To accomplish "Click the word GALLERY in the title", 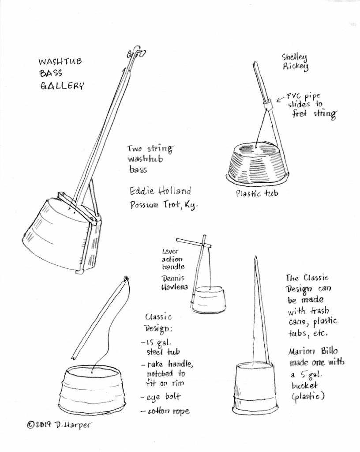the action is [x=62, y=85].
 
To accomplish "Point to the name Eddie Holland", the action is [x=160, y=191].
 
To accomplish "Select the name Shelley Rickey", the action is [x=295, y=61].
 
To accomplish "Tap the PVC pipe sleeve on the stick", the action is [x=267, y=105].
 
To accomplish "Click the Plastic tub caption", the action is [x=257, y=193].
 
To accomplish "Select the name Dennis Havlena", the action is [x=175, y=283].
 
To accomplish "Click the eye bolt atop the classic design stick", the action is [x=126, y=279].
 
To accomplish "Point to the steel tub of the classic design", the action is [x=94, y=388].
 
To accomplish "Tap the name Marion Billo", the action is [x=313, y=351].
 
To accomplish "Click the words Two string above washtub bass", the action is [x=150, y=148].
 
